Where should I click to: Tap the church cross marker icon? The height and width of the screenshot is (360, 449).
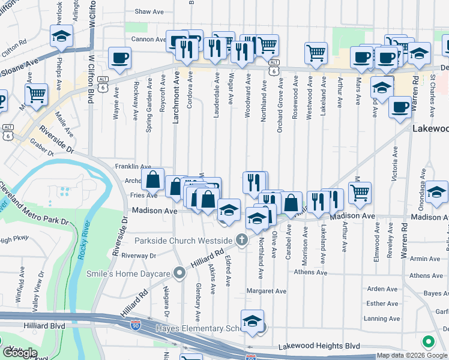242,241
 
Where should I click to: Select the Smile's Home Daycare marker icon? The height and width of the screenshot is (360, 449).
179,273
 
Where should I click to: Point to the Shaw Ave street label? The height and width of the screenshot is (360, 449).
149,11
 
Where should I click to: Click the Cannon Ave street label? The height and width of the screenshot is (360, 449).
148,40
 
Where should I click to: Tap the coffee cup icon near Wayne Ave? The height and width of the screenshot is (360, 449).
119,58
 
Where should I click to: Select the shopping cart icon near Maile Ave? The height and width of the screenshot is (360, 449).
37,94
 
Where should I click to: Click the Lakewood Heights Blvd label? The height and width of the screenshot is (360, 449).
319,346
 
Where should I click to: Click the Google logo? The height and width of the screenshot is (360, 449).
20,353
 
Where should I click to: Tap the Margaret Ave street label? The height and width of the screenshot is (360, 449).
267,291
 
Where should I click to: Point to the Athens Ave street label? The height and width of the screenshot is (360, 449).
310,272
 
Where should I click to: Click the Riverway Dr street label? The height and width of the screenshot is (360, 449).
138,255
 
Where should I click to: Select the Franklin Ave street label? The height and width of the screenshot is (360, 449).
133,166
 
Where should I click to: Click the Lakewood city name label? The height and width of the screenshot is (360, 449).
430,129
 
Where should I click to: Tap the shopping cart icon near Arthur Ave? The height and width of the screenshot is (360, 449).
360,193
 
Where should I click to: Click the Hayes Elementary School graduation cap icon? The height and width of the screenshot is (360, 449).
253,320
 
